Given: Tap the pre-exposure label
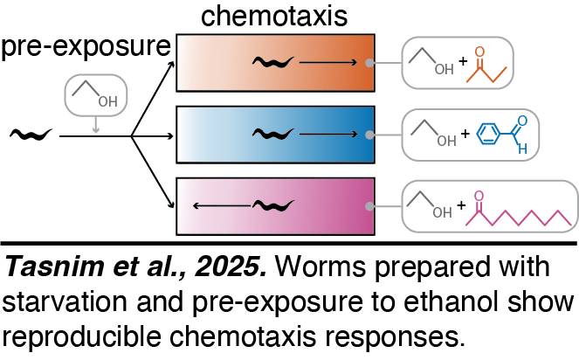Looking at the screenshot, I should pyautogui.click(x=85, y=47).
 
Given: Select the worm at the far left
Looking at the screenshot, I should pyautogui.click(x=31, y=135).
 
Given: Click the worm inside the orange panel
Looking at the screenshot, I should pyautogui.click(x=272, y=62).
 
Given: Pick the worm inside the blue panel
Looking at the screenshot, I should pyautogui.click(x=272, y=135).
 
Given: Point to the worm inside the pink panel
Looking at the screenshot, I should pyautogui.click(x=276, y=206).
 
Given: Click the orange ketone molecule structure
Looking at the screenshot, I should pyautogui.click(x=490, y=66).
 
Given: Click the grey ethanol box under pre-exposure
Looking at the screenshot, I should pyautogui.click(x=95, y=95).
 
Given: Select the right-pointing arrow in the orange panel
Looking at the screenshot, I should pyautogui.click(x=327, y=62).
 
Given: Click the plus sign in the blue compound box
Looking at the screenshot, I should pyautogui.click(x=465, y=135).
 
